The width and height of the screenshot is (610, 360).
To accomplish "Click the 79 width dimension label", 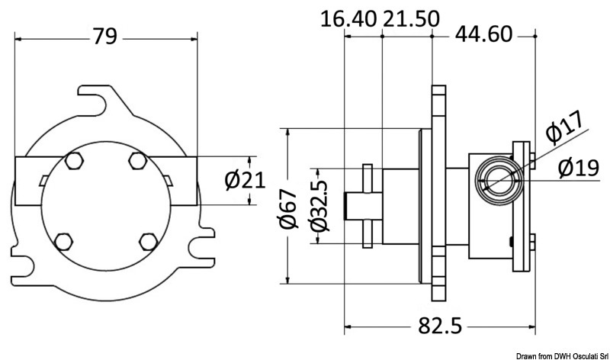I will coord(105,36).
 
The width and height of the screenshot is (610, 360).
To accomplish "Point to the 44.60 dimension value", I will coord(486,34).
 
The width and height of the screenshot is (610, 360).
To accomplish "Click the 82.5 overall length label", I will coord(440,326).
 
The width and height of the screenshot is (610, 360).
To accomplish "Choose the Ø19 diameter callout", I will coord(576,167).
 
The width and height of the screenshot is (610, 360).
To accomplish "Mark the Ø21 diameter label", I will coord(245,180).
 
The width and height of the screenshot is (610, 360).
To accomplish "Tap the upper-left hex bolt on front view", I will coord(74,161).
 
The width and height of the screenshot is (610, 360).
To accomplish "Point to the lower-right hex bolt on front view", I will coord(147,242).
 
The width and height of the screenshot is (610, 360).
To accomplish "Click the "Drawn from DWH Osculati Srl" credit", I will coord(561,355).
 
